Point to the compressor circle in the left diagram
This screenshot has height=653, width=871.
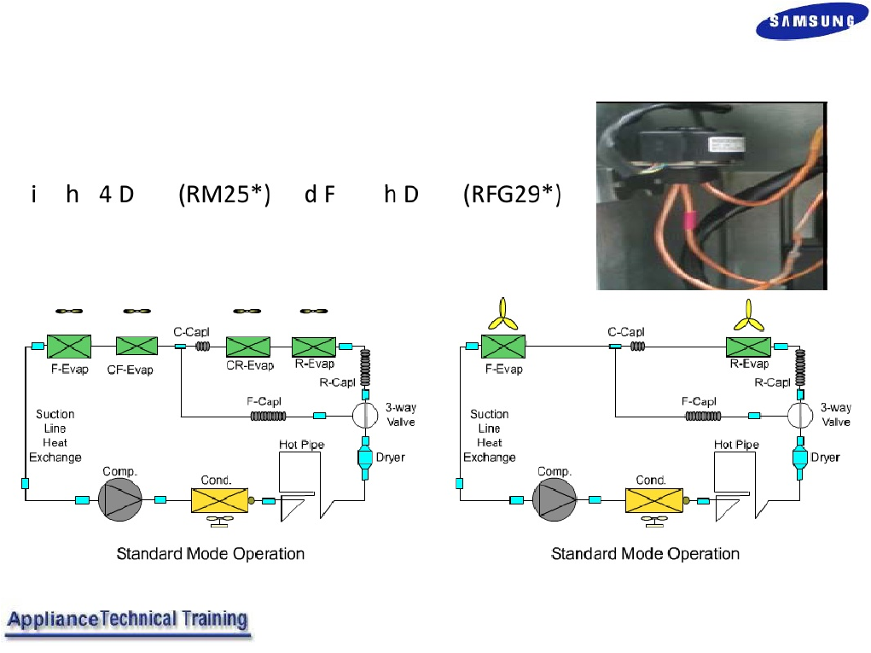119,498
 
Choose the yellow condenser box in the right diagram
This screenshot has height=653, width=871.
653,500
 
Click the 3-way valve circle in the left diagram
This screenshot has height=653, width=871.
364,415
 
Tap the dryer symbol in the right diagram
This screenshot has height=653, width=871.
799,458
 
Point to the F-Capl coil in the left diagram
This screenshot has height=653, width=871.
268,416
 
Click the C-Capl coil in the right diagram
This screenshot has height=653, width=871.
639,346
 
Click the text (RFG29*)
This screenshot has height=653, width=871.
512,195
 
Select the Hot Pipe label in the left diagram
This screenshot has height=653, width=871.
300,445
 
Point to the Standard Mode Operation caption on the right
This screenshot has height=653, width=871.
645,554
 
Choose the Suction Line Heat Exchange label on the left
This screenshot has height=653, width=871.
56,435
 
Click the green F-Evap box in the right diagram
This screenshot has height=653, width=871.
502,347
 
